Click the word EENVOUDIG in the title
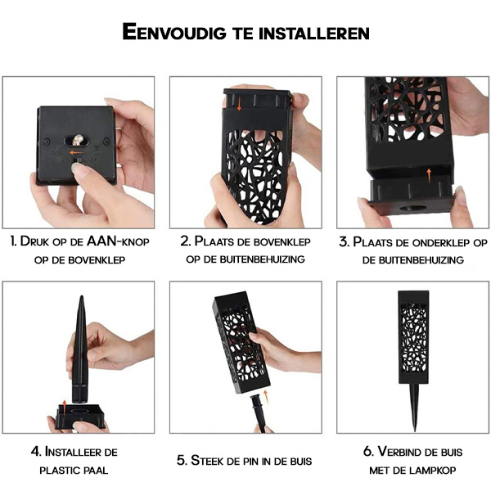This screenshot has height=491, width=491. [174, 32]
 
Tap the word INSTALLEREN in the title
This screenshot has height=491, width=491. [314, 33]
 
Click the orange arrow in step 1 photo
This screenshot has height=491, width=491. [76, 153]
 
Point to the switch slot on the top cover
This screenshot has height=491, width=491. [77, 141]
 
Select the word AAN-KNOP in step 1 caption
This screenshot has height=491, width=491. [118, 241]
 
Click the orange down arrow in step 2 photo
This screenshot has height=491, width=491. [239, 104]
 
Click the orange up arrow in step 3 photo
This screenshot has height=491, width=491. [429, 176]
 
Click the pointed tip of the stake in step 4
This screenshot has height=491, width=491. [81, 296]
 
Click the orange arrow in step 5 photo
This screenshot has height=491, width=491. [266, 395]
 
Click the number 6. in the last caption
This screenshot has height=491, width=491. [369, 452]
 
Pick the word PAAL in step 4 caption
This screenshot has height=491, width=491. [96, 470]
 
